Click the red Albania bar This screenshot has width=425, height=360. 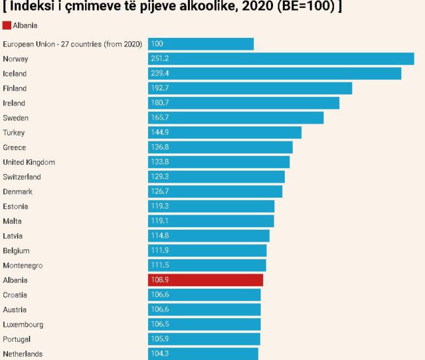tap(205, 280)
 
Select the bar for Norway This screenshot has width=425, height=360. tap(281, 59)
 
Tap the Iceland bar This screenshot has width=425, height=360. tap(274, 73)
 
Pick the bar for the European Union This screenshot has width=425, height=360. tap(200, 44)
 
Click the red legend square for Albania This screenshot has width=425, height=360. tap(7, 26)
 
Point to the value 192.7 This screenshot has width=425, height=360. tap(160, 88)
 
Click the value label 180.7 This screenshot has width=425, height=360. tap(160, 103)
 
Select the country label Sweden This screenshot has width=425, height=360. tap(15, 118)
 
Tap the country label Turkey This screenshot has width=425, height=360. tap(14, 133)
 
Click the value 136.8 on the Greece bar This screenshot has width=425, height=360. tap(160, 147)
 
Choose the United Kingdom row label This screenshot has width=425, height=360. tap(29, 162)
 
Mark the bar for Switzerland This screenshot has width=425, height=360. tap(216, 177)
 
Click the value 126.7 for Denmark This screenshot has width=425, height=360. tap(160, 192)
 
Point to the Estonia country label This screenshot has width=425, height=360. tap(15, 206)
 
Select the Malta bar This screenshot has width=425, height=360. tap(211, 221)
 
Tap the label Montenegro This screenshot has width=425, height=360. tap(23, 265)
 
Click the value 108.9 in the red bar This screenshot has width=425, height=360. tap(160, 280)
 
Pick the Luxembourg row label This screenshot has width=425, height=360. tap(23, 324)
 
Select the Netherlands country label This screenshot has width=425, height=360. tap(23, 353)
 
